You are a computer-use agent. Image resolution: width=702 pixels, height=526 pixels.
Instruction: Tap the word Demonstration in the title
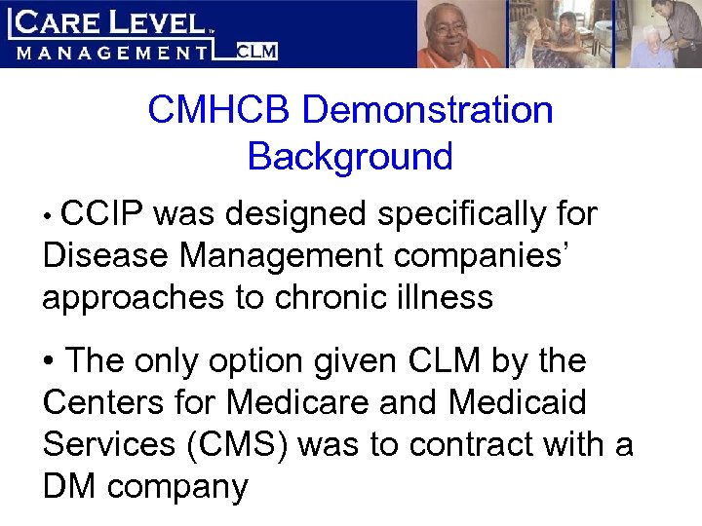428,110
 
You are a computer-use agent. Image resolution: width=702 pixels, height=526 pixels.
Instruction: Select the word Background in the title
350,156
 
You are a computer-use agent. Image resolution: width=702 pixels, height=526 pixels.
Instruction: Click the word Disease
105,255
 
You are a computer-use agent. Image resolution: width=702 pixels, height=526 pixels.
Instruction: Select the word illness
445,297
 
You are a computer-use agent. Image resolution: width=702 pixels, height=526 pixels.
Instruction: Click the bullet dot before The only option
49,361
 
